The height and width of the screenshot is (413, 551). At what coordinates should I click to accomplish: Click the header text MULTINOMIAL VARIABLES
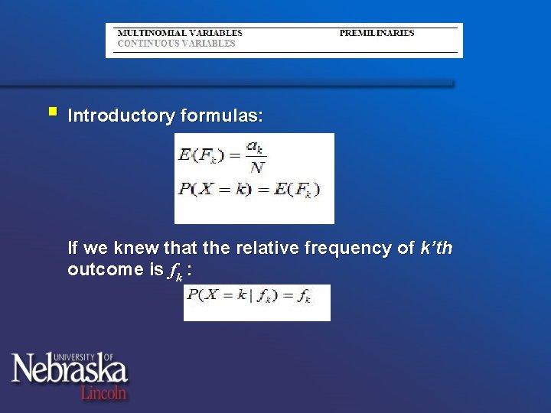pyautogui.click(x=179, y=33)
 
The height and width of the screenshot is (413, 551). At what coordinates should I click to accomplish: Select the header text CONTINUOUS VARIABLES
pyautogui.click(x=176, y=44)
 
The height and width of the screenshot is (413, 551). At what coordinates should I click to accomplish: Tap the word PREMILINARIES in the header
pyautogui.click(x=377, y=33)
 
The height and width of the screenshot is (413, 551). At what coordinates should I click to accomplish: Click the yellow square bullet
pyautogui.click(x=52, y=112)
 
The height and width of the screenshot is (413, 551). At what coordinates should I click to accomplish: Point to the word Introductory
pyautogui.click(x=121, y=116)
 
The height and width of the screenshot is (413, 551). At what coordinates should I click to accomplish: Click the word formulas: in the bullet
pyautogui.click(x=221, y=116)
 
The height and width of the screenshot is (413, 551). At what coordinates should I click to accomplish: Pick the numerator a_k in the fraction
pyautogui.click(x=256, y=145)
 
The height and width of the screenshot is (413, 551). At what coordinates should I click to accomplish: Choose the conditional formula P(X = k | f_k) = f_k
pyautogui.click(x=249, y=296)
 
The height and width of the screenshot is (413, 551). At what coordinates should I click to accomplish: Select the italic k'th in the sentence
pyautogui.click(x=437, y=249)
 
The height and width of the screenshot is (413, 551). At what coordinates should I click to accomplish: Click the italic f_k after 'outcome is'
pyautogui.click(x=176, y=271)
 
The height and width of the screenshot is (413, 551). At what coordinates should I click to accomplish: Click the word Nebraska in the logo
pyautogui.click(x=69, y=371)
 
